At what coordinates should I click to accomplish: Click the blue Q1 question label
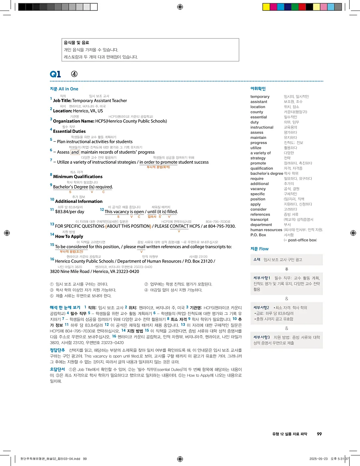click(55, 74)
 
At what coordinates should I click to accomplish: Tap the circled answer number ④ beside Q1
click(74, 74)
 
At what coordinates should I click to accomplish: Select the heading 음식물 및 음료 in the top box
click(76, 42)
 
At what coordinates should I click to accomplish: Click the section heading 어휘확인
click(258, 89)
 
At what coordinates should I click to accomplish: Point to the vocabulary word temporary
click(260, 96)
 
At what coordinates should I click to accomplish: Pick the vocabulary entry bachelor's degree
click(266, 174)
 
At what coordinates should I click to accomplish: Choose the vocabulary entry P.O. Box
click(258, 235)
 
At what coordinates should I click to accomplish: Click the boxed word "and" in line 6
click(75, 152)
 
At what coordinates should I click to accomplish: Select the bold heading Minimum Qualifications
click(78, 176)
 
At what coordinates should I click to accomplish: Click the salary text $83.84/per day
click(70, 212)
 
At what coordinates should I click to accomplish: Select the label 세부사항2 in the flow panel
click(262, 308)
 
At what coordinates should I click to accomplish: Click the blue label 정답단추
click(57, 339)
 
